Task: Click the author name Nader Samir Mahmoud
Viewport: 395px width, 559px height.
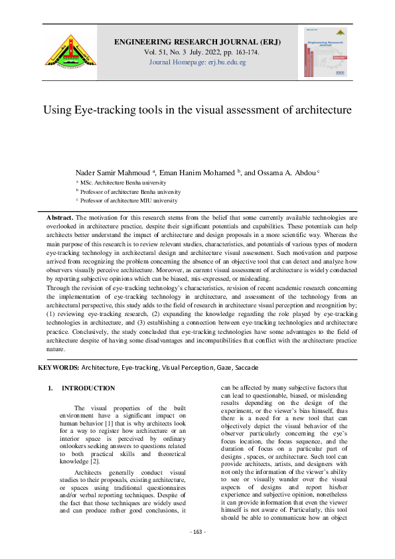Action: pos(116,171)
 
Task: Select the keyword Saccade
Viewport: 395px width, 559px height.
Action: pos(244,367)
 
